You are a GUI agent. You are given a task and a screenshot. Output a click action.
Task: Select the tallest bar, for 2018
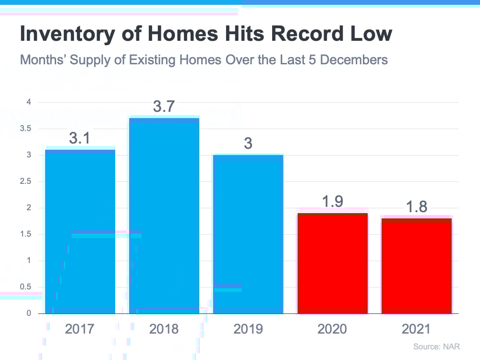(164, 216)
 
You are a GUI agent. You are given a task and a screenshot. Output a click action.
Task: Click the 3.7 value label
(164, 107)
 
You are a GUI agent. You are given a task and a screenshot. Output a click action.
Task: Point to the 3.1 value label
(80, 139)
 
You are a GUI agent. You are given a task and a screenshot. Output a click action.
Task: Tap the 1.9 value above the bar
(332, 202)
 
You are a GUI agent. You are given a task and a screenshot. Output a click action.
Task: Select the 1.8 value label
(416, 206)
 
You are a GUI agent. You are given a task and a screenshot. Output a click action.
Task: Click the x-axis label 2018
(164, 329)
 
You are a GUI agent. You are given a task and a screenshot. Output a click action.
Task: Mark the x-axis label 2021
(416, 329)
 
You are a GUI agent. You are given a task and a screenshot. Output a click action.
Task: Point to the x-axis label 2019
(248, 329)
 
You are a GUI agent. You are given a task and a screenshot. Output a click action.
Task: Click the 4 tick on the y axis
(29, 102)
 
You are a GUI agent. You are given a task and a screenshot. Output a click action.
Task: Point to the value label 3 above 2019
(248, 144)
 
